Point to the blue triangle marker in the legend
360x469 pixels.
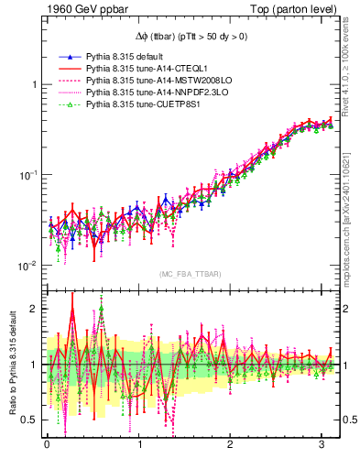point(67,57)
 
